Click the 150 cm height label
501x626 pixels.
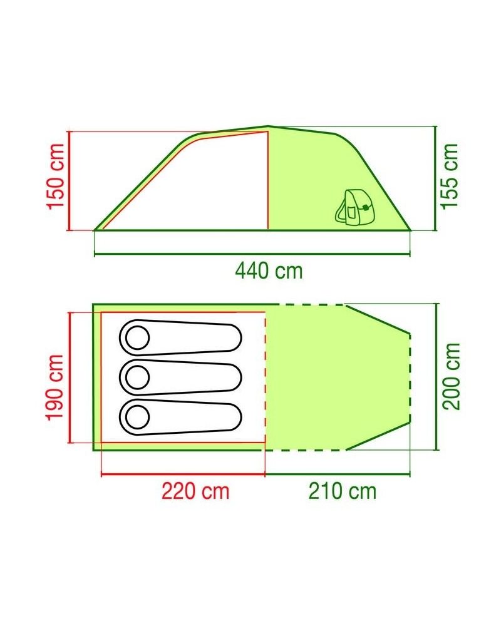[55, 176]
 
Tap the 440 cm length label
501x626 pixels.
[269, 270]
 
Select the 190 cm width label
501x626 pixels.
[55, 387]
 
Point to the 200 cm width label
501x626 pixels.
[452, 376]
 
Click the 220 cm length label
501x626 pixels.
[195, 491]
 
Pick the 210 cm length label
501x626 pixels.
[343, 491]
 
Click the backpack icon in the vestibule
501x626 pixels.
[352, 207]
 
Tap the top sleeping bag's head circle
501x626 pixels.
[137, 338]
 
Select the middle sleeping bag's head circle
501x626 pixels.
[137, 377]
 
